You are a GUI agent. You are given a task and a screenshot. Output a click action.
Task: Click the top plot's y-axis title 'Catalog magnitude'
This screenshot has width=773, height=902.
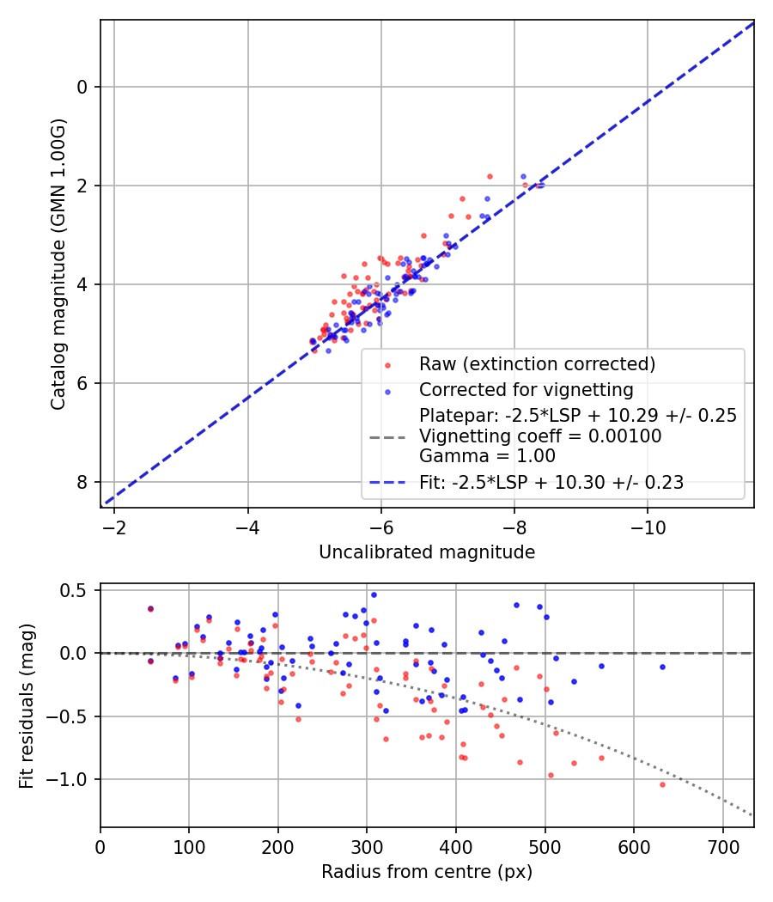pos(58,265)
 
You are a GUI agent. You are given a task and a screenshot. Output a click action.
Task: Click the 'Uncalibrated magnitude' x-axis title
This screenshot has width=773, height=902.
pos(427,552)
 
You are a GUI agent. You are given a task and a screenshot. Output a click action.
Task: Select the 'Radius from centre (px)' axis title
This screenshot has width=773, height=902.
pos(427,872)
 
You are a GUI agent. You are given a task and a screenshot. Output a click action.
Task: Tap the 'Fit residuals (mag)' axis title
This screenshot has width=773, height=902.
pos(27,705)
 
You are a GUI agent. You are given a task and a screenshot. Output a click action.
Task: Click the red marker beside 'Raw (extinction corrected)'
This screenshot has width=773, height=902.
pos(387,365)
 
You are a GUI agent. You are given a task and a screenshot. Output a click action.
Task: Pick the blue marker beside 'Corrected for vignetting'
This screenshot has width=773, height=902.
pos(387,391)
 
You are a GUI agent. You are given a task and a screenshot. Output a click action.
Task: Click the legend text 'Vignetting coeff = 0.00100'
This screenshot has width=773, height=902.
pos(539,436)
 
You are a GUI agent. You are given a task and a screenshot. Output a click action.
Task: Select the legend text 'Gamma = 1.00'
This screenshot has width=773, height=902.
pos(487,456)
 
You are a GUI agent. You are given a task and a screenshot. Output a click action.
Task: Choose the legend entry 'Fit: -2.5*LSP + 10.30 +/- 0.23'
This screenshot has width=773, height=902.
pos(551,483)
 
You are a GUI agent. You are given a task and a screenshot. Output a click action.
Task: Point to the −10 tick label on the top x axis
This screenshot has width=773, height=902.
pos(648,527)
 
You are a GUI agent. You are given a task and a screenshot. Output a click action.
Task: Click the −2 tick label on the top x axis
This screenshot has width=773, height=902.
pos(114,527)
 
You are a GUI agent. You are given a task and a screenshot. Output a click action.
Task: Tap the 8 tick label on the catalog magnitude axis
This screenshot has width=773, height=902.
pos(83,482)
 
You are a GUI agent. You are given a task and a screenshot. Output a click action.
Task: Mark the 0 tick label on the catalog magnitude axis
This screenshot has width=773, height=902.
pos(83,87)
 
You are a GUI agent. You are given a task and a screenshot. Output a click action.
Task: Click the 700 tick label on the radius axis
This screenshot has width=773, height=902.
pos(722,847)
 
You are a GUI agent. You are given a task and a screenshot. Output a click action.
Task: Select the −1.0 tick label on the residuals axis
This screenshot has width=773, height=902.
pos(73,779)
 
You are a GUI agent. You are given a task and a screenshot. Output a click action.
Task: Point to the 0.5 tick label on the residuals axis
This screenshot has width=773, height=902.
pos(77,590)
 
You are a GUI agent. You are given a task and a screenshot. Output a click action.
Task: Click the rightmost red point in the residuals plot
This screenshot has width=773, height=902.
pos(662,784)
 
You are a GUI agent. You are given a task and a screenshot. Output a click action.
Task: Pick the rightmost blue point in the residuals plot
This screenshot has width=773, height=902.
pos(662,667)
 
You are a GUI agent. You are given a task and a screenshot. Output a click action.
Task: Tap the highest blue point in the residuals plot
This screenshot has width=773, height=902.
pos(374,594)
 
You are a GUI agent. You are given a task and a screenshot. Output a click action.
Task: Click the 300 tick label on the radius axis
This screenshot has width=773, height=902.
pos(367,847)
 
